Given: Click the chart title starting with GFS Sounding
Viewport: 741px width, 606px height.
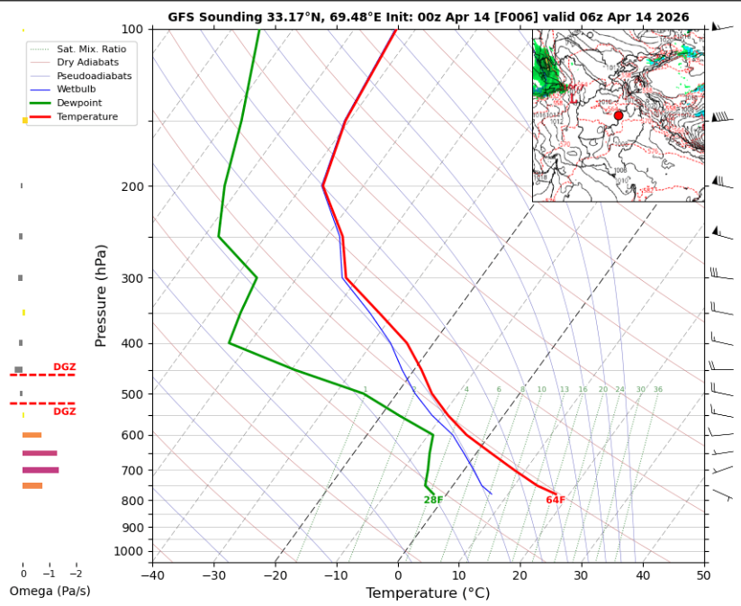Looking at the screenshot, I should [x=428, y=17].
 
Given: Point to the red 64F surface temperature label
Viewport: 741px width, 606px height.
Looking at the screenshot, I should [x=556, y=501].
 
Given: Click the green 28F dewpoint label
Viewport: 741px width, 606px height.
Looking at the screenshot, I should [x=433, y=501].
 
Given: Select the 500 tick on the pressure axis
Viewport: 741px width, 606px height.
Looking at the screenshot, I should [x=131, y=394].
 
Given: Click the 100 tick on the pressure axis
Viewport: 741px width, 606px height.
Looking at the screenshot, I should [x=131, y=30].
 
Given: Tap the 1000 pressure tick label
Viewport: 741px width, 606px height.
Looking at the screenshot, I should [x=129, y=551].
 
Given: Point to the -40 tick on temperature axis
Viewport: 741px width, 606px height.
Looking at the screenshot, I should [x=153, y=574].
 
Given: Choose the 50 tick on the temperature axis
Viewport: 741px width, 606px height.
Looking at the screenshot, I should [x=703, y=574].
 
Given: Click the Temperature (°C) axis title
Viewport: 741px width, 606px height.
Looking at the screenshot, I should [x=428, y=593].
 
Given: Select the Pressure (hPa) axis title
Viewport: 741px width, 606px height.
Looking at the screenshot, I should [x=102, y=295].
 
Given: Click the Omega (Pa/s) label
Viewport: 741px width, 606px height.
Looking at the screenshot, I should [x=50, y=592].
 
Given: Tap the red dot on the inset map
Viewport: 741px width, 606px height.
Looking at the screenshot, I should [x=619, y=115].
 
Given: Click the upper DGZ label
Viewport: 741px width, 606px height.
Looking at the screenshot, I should [x=64, y=367].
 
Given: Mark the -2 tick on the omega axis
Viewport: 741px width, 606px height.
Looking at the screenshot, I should [x=76, y=574].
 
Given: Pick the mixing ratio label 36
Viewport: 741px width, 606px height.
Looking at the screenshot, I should [x=658, y=390].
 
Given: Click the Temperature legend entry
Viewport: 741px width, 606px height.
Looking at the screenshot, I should [x=86, y=117].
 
